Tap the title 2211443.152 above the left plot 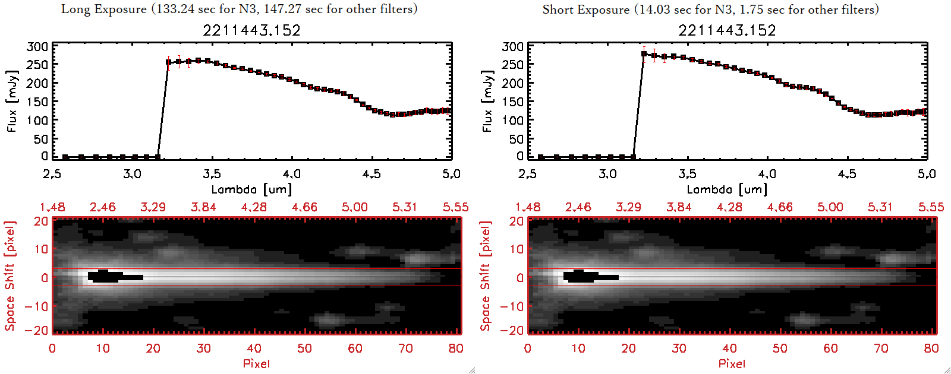point(251,30)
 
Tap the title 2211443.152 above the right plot point(727,30)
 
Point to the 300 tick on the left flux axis point(37,46)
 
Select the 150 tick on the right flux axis point(513,102)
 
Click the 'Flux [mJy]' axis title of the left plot point(12,101)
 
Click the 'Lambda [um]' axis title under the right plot point(727,189)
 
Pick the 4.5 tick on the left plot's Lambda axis point(371,174)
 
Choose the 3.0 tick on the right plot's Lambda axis point(607,174)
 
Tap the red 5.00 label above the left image point(355,207)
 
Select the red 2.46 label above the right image point(578,207)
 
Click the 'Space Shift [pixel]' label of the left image point(10,276)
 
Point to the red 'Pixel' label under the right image point(732,363)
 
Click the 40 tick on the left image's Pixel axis point(254,348)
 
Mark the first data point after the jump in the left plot point(169,62)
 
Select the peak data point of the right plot point(644,54)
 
